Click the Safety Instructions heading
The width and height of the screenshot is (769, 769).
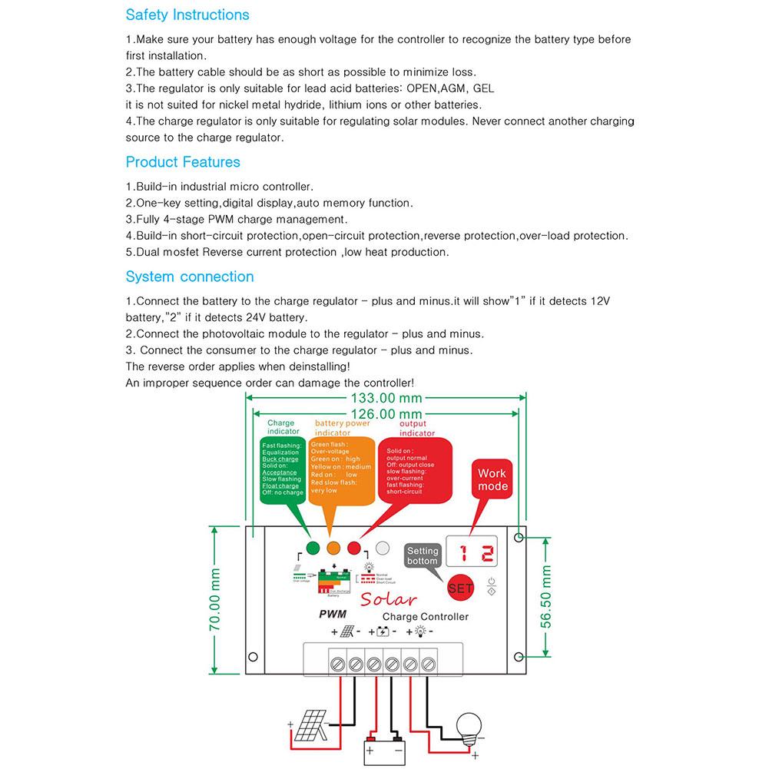pos(187,15)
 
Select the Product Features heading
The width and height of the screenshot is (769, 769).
pos(183,162)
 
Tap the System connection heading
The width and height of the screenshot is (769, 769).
pos(190,277)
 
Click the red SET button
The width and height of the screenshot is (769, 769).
pos(460,588)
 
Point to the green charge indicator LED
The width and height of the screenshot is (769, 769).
pos(313,549)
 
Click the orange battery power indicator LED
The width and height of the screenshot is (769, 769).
pos(333,549)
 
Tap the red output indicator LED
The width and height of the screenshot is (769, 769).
pos(354,549)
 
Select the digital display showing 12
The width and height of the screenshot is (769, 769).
pos(476,552)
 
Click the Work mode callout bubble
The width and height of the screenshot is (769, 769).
pos(492,480)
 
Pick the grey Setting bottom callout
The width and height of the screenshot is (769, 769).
pos(423,556)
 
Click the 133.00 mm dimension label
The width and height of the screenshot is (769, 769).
pos(386,398)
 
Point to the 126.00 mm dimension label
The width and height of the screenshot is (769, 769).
pos(386,414)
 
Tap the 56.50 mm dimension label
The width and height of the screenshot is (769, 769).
pos(546,598)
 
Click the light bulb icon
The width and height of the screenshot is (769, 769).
pos(469,726)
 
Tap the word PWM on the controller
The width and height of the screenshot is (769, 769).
pos(333,614)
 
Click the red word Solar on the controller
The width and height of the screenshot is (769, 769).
pos(388,599)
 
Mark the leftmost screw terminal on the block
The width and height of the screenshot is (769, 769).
pos(336,662)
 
